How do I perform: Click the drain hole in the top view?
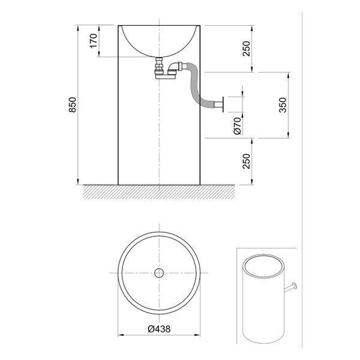click(x=159, y=274)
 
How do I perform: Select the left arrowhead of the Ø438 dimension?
click(x=119, y=335)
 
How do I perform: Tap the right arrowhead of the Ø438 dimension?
click(x=199, y=335)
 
